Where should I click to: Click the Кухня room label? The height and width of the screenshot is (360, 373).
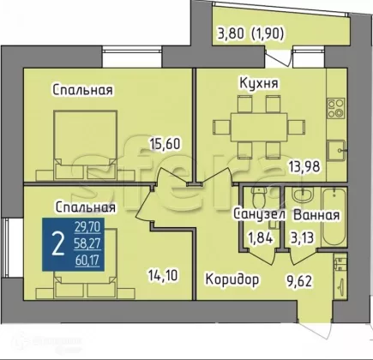[259, 83]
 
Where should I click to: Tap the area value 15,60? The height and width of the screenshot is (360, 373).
[165, 144]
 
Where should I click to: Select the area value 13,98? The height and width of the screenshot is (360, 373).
[304, 166]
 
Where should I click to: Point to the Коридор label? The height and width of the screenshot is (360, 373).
[232, 279]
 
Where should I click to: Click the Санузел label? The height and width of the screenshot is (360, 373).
[259, 213]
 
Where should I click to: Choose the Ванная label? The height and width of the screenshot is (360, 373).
[316, 215]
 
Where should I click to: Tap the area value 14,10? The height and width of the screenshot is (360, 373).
[163, 275]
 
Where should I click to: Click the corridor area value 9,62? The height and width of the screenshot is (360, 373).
[299, 281]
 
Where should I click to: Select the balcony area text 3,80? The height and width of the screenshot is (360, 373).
[231, 34]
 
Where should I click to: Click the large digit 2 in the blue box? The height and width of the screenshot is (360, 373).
[58, 244]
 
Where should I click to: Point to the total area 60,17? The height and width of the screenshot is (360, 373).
[87, 261]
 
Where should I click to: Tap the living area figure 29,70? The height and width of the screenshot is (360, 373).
[87, 227]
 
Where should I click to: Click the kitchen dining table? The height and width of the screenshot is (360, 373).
[259, 127]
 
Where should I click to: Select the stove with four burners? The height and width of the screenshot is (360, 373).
[336, 108]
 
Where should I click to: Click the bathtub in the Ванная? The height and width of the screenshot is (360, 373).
[334, 217]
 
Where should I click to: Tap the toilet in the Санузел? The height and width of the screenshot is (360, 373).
[259, 196]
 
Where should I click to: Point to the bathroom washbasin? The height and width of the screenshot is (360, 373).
[300, 195]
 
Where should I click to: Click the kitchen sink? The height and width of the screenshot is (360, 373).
[337, 150]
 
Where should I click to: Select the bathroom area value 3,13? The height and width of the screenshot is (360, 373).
[303, 237]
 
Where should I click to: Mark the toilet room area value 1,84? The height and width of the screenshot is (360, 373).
[261, 237]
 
